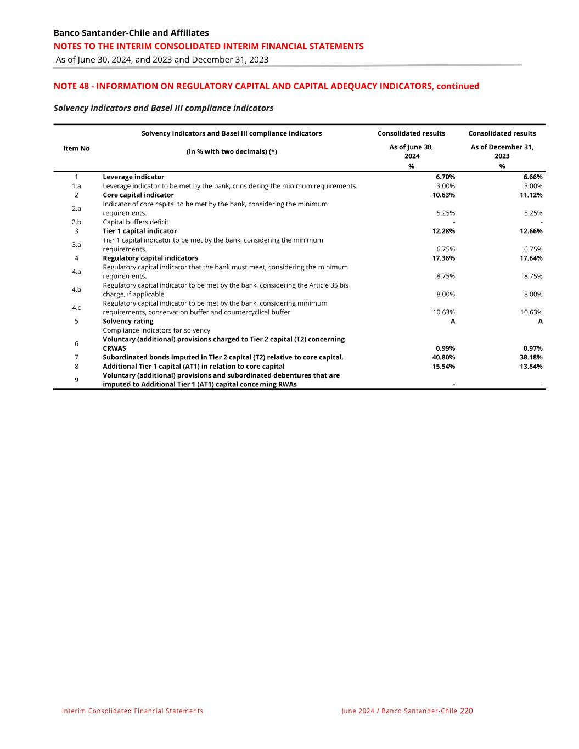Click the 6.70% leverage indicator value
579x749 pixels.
445,177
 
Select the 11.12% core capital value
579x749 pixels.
531,195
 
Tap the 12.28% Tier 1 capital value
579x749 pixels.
443,232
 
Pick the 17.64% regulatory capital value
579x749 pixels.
531,258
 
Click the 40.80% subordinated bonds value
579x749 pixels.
443,358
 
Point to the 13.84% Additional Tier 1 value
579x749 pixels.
531,367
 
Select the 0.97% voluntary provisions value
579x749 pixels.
532,348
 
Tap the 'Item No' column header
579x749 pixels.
76,149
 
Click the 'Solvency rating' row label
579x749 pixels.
128,322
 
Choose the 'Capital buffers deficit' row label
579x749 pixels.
136,222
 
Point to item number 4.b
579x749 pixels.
76,290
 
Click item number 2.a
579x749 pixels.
76,209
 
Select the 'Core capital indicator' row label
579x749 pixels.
138,195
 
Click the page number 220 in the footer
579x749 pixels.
466,711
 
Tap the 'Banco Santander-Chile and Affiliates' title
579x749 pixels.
131,33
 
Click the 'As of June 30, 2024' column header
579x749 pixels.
411,151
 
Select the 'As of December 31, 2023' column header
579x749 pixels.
502,151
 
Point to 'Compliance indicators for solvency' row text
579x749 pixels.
156,330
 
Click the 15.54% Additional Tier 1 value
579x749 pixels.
443,367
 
